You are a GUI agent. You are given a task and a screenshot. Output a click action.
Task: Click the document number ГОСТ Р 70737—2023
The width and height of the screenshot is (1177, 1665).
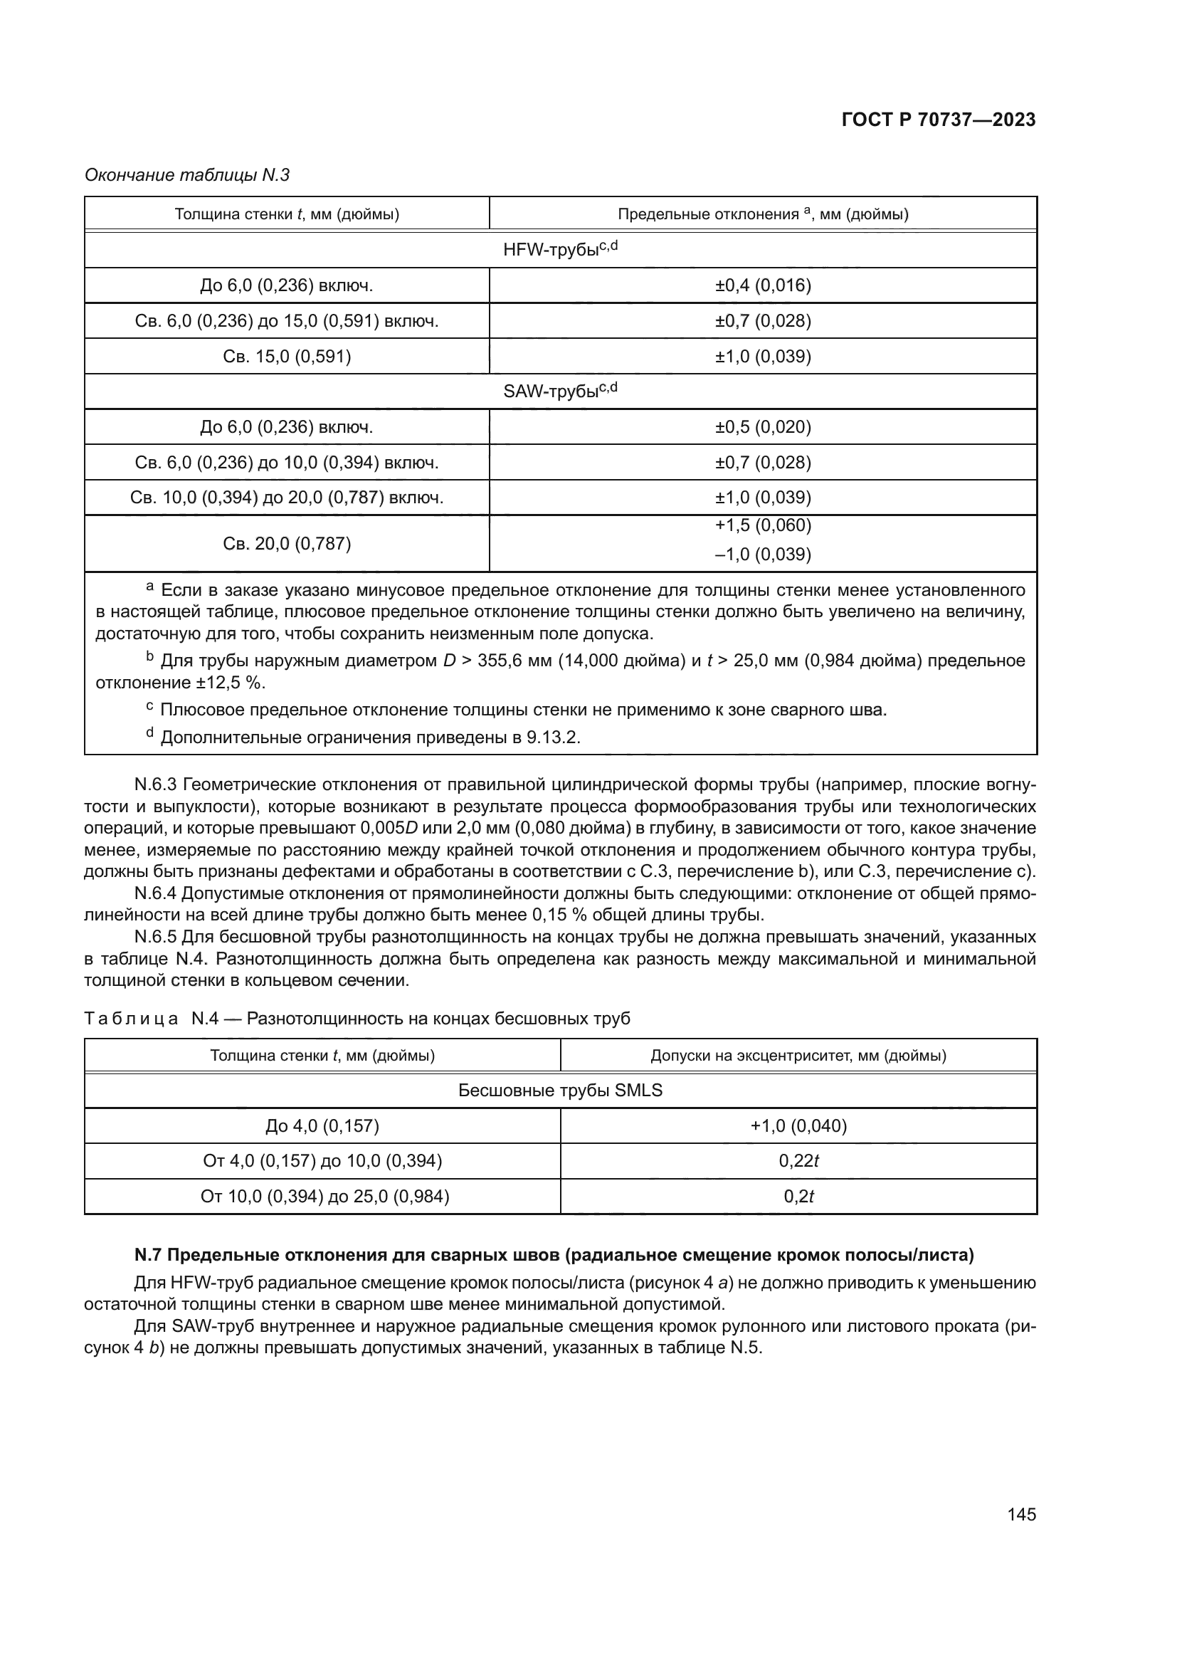(939, 120)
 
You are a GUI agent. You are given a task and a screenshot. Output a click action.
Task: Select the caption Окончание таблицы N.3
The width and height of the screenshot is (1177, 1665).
(187, 175)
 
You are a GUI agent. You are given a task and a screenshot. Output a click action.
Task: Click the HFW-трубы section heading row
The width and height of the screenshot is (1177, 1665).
(560, 249)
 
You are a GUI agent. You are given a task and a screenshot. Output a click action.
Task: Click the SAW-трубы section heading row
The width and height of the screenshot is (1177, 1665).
(560, 391)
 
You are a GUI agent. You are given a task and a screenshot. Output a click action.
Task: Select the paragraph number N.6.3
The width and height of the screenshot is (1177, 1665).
(155, 784)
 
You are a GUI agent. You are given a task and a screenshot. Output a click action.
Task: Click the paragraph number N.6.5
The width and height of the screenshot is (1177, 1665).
(155, 937)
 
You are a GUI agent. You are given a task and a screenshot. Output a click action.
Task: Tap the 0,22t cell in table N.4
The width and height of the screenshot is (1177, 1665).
(798, 1161)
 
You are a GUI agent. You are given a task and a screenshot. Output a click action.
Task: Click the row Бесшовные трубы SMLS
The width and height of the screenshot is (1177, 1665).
(560, 1090)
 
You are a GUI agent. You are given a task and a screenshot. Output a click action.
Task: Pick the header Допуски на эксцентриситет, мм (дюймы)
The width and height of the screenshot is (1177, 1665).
(798, 1055)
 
